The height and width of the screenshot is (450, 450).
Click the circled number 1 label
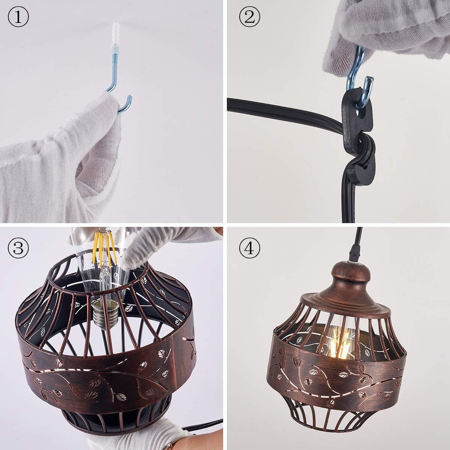pos(18,18)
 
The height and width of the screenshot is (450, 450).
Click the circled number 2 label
pos(249,18)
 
